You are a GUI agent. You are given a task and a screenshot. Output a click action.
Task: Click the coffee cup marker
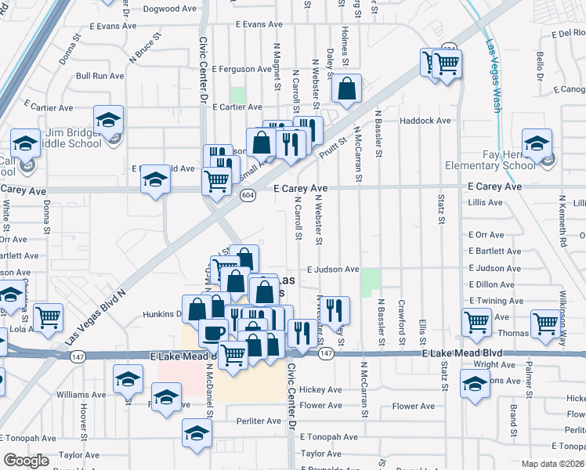click(x=213, y=332)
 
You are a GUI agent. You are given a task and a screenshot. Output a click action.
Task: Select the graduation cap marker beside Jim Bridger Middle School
click(x=108, y=119)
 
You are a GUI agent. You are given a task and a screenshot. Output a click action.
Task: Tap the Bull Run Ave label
click(x=99, y=76)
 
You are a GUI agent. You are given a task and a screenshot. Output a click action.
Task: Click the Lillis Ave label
click(x=484, y=202)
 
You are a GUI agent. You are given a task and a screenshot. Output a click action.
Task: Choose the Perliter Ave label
click(x=258, y=421)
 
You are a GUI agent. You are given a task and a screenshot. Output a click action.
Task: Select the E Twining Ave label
click(x=496, y=301)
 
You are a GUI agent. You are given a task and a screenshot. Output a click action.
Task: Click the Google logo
click(x=26, y=461)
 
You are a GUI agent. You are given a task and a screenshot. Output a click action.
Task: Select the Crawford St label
click(x=401, y=322)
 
